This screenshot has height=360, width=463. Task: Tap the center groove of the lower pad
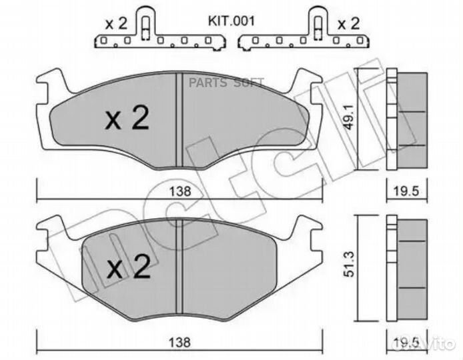tap(178, 267)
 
